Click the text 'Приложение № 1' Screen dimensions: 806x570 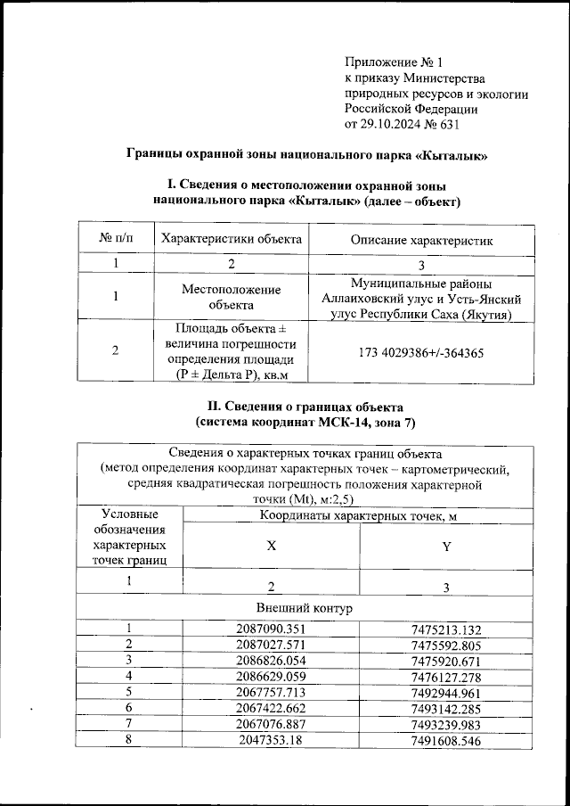click(393, 62)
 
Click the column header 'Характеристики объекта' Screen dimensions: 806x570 click(230, 238)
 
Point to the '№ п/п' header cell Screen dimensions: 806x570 click(116, 238)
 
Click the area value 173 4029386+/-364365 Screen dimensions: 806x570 click(420, 352)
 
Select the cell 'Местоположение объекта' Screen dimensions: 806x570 click(230, 297)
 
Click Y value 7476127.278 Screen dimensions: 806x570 click(445, 676)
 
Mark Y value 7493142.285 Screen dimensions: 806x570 click(445, 707)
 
